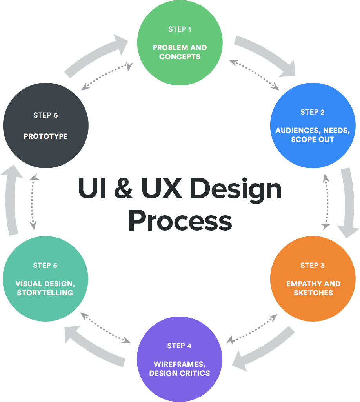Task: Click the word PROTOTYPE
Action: click(x=45, y=136)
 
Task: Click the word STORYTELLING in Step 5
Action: click(x=45, y=293)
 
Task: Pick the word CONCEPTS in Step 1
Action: click(x=180, y=56)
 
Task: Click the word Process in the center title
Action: click(x=180, y=220)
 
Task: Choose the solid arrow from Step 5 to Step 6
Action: click(x=12, y=200)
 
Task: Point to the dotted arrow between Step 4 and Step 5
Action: click(x=105, y=328)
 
